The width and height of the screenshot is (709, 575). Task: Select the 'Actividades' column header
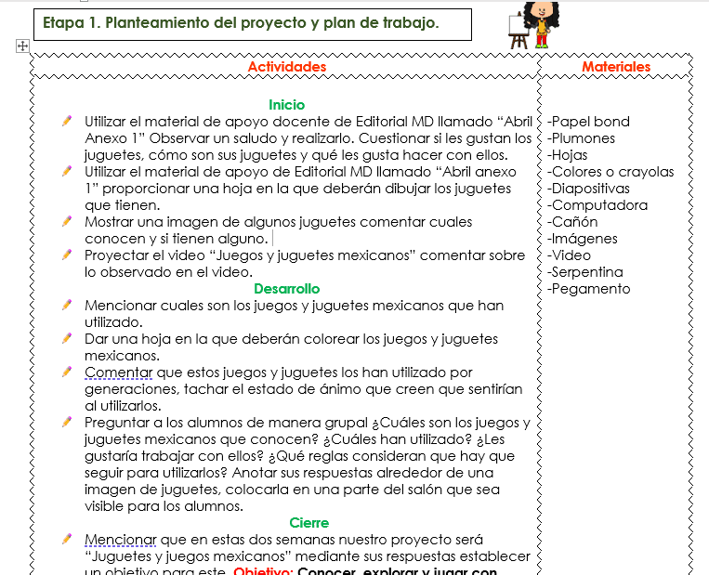click(x=287, y=67)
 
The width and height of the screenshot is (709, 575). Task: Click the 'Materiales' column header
click(x=616, y=67)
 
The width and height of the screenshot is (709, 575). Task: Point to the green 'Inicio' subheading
click(x=286, y=105)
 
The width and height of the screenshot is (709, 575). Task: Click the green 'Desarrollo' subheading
click(x=286, y=289)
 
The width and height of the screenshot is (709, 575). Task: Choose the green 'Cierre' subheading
click(x=309, y=523)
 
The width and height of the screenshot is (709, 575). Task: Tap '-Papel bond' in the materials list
click(x=588, y=122)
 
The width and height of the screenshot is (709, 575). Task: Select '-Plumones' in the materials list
click(x=581, y=138)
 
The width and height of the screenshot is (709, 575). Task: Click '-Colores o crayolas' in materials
click(x=611, y=172)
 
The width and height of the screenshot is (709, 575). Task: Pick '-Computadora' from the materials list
click(x=597, y=205)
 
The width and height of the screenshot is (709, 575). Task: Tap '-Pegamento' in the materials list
click(x=588, y=289)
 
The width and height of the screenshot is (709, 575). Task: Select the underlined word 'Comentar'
click(x=119, y=372)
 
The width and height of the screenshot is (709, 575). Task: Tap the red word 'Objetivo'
click(x=262, y=570)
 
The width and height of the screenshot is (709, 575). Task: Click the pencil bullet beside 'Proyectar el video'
click(x=67, y=255)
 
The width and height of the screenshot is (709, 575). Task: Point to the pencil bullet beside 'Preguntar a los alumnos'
click(x=67, y=422)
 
